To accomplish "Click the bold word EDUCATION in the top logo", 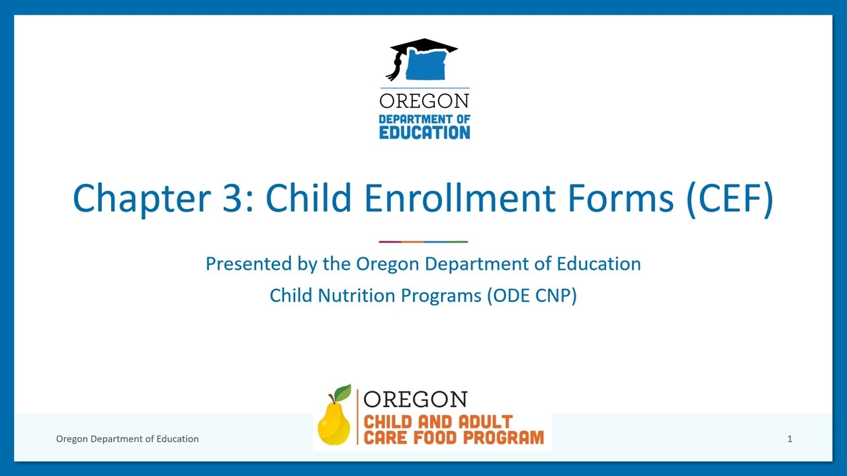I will pos(424,132).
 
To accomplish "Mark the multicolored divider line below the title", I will pos(423,242).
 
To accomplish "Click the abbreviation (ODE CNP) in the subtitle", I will pos(532,296).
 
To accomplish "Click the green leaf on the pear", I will pos(343,393).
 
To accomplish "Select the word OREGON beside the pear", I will pos(415,399).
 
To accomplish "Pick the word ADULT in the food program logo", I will pos(482,422).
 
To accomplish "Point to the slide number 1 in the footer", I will pos(789,439).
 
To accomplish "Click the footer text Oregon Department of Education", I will pos(127,439).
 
